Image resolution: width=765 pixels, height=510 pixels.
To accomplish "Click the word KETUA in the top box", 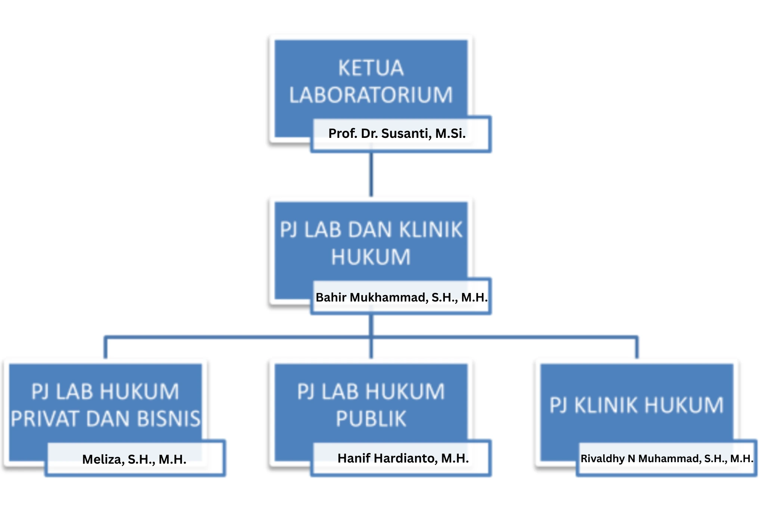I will pyautogui.click(x=371, y=68).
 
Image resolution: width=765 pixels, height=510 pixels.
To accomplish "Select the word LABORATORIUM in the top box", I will pyautogui.click(x=371, y=95).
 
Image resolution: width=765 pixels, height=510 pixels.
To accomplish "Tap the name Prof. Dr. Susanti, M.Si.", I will pyautogui.click(x=397, y=133).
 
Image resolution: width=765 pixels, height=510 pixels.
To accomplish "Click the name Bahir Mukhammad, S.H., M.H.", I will pyautogui.click(x=402, y=297).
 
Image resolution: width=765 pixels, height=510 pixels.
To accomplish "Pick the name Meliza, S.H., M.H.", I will pyautogui.click(x=134, y=459).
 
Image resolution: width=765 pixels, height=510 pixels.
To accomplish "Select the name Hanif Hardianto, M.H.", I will pyautogui.click(x=403, y=458).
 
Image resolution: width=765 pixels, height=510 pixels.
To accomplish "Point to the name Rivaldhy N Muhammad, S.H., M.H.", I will pyautogui.click(x=667, y=458).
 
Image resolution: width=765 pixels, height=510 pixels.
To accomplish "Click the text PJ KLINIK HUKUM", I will pyautogui.click(x=637, y=405).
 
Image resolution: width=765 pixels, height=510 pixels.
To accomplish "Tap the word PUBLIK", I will pyautogui.click(x=371, y=419).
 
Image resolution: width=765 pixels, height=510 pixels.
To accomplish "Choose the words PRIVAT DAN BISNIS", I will pyautogui.click(x=106, y=419).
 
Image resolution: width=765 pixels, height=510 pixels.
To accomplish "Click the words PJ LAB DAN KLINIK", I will pyautogui.click(x=371, y=229).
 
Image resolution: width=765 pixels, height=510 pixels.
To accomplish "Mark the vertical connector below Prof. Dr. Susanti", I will pyautogui.click(x=371, y=174).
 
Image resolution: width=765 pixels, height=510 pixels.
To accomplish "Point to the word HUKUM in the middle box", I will pyautogui.click(x=371, y=257).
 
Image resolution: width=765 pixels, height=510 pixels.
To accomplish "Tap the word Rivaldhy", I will pyautogui.click(x=602, y=458).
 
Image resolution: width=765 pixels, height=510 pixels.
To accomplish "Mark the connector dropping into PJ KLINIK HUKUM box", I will pyautogui.click(x=637, y=347).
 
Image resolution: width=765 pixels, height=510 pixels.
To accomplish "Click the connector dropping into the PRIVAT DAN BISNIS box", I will pyautogui.click(x=106, y=347).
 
